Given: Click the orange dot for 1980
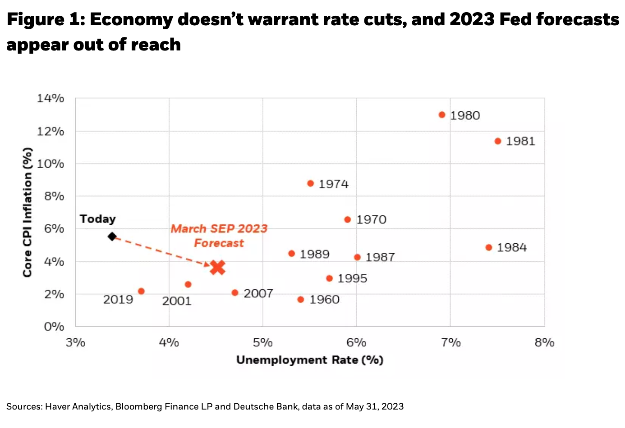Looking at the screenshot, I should pos(442,115).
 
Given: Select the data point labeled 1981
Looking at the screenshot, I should pos(498,141).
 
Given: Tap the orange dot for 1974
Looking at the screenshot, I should pos(310,183).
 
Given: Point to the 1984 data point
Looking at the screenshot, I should pos(489,247).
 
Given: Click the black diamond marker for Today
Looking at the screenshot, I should pos(112,237).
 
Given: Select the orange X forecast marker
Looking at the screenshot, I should pos(218,268).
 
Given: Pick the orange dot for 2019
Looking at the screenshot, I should pos(141,291).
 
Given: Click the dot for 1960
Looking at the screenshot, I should pos(301,300).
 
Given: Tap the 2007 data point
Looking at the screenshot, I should pos(235,293).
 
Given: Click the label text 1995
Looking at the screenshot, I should pos(352,278).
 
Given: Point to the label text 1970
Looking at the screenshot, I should pos(371,219).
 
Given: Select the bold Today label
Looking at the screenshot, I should pos(98,219).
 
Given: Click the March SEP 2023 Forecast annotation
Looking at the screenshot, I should pos(219,236).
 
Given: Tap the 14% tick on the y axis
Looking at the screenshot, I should pos(51,98).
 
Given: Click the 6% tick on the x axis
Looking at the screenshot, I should pos(356,342).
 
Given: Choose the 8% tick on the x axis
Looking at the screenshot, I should pos(544,342).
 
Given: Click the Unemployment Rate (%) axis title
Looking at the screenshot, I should pos(310,360).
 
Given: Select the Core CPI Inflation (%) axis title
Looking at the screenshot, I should pos(28,212).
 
